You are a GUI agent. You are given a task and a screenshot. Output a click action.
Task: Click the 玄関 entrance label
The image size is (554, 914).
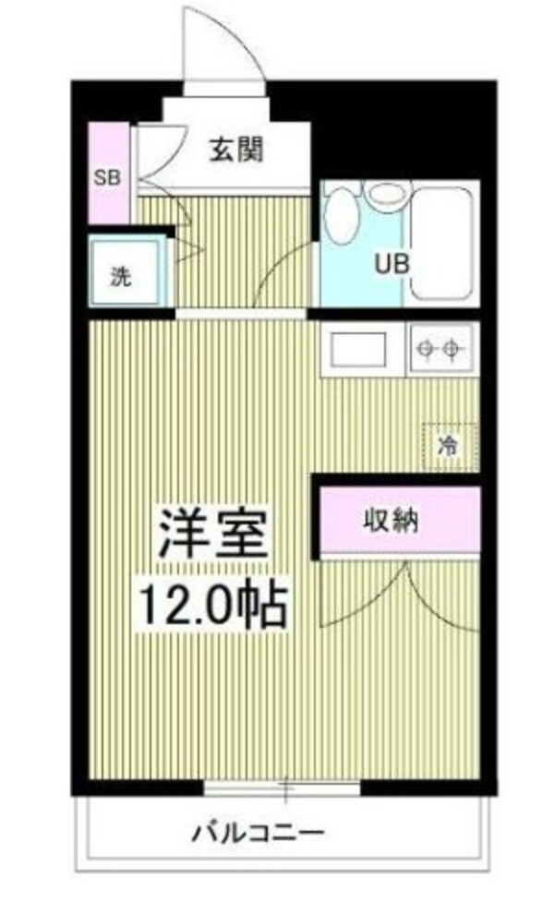[236, 150]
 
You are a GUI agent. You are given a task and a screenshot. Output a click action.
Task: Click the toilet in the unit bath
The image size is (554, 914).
[343, 220]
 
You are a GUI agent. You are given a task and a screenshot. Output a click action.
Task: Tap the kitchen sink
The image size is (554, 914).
[358, 350]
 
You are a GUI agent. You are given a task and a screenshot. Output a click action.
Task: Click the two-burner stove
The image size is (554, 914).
[439, 349]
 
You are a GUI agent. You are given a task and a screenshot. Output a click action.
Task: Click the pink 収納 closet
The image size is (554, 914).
[399, 521]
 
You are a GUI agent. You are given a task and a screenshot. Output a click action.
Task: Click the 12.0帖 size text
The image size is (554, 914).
[214, 605]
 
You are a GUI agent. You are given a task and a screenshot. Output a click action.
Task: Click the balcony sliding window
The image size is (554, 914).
[283, 789]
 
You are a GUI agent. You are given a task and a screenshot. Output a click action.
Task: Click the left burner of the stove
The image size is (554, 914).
[426, 349]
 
